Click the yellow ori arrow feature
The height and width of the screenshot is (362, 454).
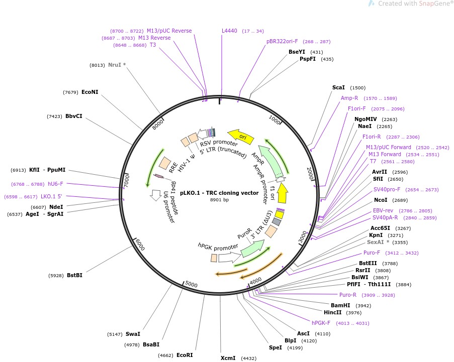tap(240, 135)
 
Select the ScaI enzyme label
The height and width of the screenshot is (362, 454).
tap(338, 87)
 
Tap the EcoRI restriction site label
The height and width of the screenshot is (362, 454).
tap(185, 355)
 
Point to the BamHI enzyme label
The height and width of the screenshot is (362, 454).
tap(340, 305)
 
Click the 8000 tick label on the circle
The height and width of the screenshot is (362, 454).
tap(158, 124)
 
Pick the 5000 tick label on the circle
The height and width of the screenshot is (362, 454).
tap(192, 284)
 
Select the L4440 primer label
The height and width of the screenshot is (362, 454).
tap(230, 31)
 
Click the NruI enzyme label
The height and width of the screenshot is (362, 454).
tap(114, 65)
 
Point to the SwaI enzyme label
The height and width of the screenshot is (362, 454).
tap(133, 334)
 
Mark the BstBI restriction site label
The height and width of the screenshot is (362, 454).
tap(74, 275)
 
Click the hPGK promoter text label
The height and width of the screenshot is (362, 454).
tap(218, 247)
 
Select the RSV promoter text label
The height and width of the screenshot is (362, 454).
tap(218, 143)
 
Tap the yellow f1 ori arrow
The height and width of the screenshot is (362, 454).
tap(283, 191)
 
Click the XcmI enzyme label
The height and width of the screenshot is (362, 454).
tap(228, 358)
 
